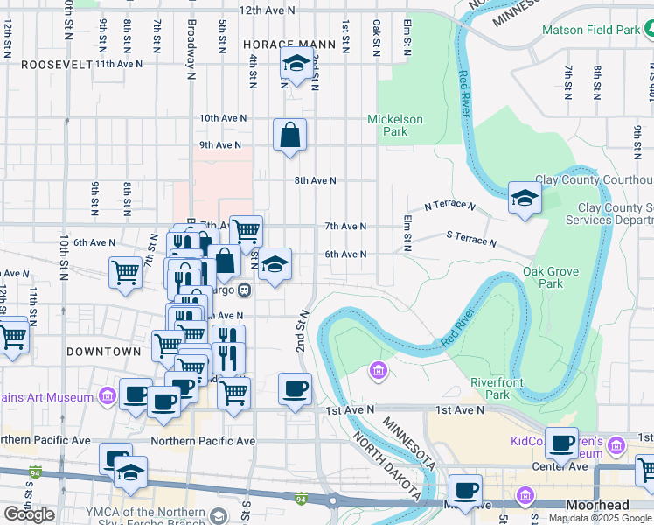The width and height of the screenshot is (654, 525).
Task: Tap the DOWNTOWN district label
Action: pyautogui.click(x=103, y=351)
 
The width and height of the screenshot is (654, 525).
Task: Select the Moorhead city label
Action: pyautogui.click(x=597, y=506)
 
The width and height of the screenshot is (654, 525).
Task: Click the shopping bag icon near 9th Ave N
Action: pyautogui.click(x=290, y=136)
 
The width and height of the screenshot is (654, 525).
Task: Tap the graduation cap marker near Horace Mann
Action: pyautogui.click(x=297, y=64)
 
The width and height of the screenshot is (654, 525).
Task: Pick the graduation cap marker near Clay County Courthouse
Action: pyautogui.click(x=525, y=197)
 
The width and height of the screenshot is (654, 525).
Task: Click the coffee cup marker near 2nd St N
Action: pyautogui.click(x=296, y=388)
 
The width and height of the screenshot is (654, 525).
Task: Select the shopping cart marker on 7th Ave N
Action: pyautogui.click(x=247, y=231)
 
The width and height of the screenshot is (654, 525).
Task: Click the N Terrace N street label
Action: pyautogui.click(x=449, y=206)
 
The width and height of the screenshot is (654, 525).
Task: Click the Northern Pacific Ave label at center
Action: pyautogui.click(x=203, y=441)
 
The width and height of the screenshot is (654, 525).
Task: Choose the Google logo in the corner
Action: pyautogui.click(x=29, y=514)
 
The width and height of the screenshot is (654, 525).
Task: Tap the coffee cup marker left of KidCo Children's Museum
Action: pyautogui.click(x=561, y=442)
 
